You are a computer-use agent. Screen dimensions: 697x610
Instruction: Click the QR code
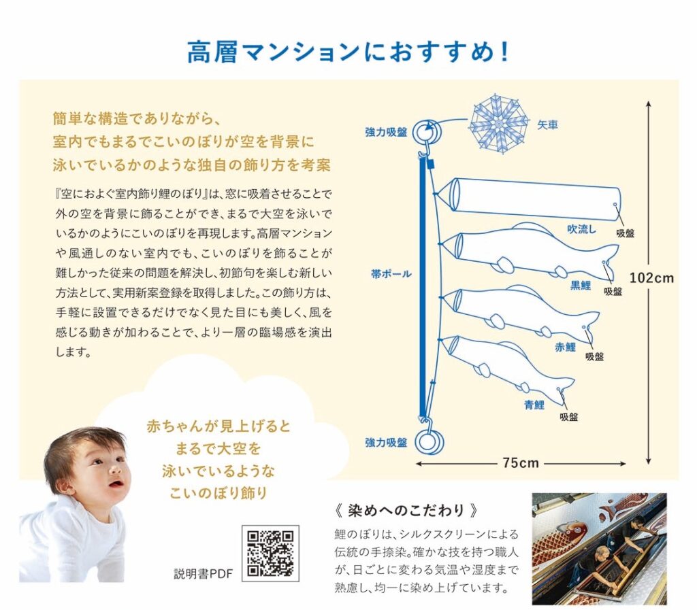270,553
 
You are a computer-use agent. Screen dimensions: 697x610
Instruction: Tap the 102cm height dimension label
651,278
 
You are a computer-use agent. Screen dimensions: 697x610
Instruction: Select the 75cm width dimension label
521,463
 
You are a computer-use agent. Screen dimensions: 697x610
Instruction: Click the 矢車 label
547,124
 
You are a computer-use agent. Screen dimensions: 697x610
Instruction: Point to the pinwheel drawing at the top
499,123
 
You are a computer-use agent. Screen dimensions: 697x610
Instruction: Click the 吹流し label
581,229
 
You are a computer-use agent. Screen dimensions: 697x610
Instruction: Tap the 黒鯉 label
581,285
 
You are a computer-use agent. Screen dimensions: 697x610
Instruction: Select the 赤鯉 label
565,347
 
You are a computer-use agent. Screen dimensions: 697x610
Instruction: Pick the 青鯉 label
534,405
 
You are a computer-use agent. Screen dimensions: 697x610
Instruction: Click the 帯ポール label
391,274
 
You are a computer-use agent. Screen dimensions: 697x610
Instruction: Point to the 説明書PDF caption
203,573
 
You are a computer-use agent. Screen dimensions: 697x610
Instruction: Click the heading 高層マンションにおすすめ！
348,52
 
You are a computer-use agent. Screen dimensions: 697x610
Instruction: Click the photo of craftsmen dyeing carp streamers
599,549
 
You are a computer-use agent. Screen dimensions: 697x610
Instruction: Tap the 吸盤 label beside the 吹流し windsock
625,233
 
